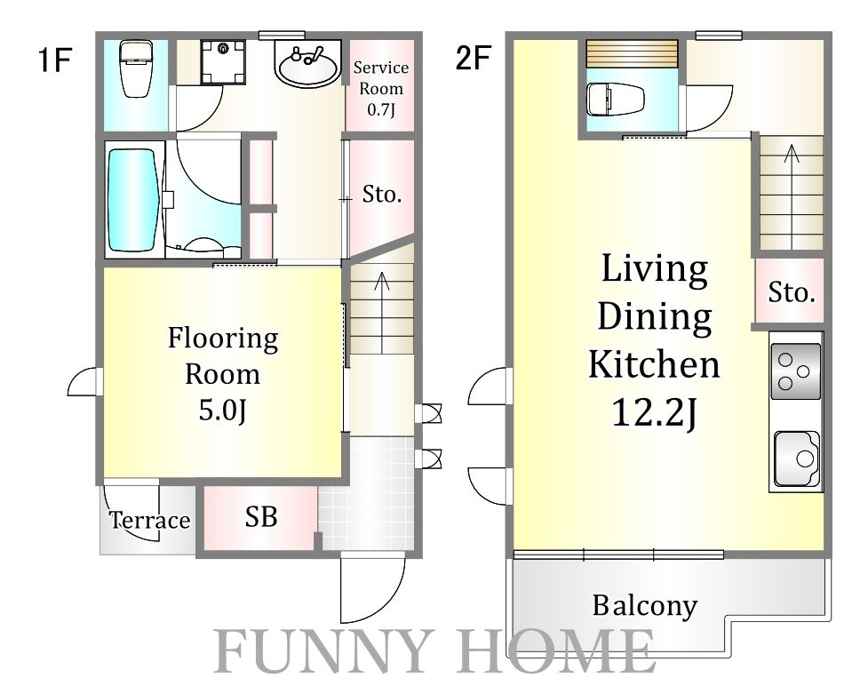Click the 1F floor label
(x=55, y=60)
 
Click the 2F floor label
(x=474, y=58)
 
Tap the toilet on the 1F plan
(x=136, y=68)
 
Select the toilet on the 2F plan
(x=616, y=100)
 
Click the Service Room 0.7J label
(x=381, y=89)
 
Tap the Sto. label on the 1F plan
(x=381, y=195)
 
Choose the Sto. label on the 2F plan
(x=791, y=292)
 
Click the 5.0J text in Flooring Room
(x=222, y=411)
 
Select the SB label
(x=260, y=516)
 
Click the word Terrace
(x=149, y=521)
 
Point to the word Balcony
(x=644, y=606)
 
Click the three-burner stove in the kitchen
(x=795, y=371)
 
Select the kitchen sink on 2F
(x=797, y=459)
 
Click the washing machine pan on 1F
(x=223, y=61)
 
